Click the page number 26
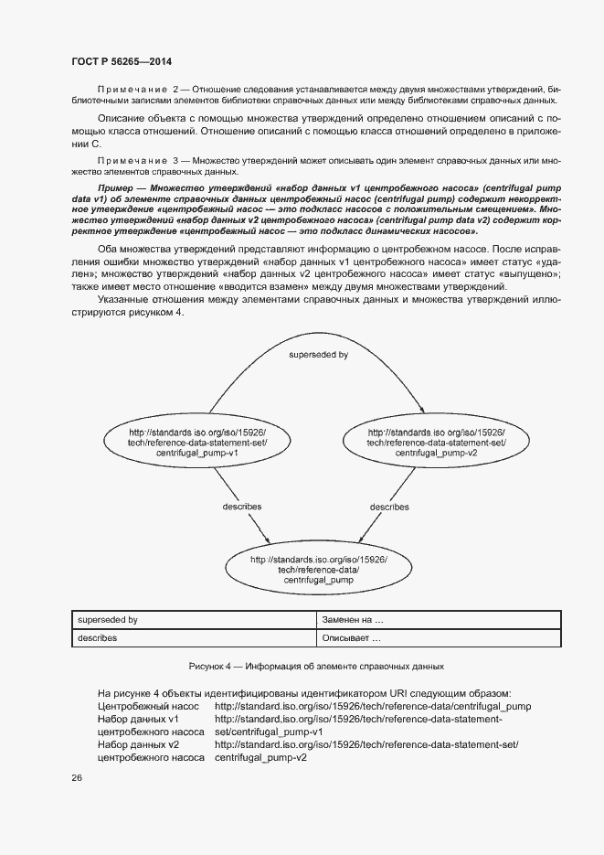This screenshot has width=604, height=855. click(x=76, y=778)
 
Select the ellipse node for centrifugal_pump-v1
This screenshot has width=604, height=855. click(x=197, y=442)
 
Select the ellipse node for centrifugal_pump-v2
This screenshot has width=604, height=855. click(x=435, y=442)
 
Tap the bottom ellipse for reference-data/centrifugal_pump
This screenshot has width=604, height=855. click(x=318, y=569)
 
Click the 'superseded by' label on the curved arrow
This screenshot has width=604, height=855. click(x=317, y=354)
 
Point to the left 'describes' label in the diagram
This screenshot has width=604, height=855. click(x=241, y=506)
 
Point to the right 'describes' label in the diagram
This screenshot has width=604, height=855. click(x=388, y=506)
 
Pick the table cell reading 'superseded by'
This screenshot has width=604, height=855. click(x=193, y=620)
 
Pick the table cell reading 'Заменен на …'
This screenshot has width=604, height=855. click(x=436, y=620)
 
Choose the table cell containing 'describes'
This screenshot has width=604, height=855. click(x=193, y=638)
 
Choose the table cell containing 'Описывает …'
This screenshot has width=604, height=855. click(x=436, y=638)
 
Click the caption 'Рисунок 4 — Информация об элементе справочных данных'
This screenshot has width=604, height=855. click(x=315, y=667)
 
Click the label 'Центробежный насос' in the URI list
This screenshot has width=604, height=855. click(x=148, y=706)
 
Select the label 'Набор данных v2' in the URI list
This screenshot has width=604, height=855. click(x=137, y=744)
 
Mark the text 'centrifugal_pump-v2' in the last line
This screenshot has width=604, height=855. click(x=260, y=758)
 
